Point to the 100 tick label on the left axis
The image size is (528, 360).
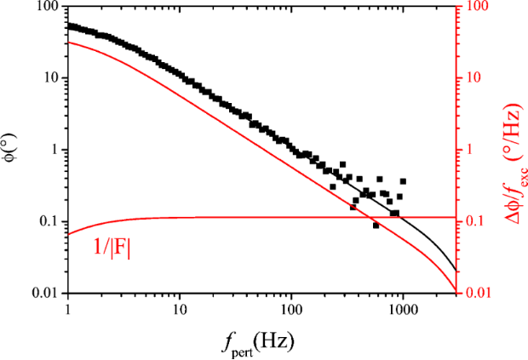47,7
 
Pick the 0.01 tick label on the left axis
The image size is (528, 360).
45,294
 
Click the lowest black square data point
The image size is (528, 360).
376,226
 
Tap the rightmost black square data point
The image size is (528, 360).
403,181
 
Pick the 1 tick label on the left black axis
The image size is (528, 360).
55,151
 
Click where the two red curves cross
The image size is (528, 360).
369,218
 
